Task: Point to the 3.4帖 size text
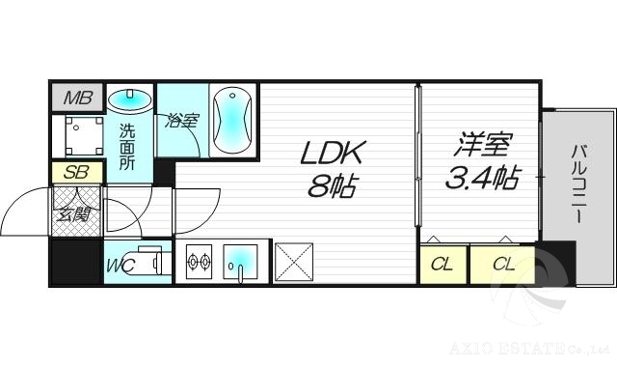pyautogui.click(x=482, y=178)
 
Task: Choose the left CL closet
pyautogui.click(x=443, y=263)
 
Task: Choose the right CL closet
pyautogui.click(x=502, y=263)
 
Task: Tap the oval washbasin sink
pyautogui.click(x=129, y=99)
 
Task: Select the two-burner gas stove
pyautogui.click(x=199, y=262)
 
